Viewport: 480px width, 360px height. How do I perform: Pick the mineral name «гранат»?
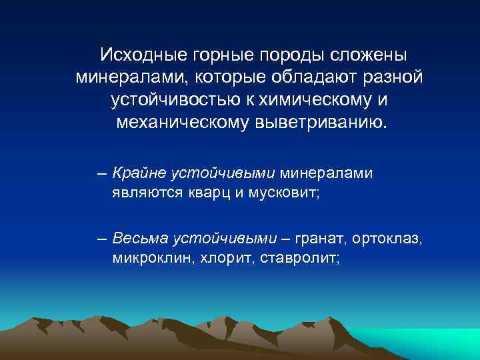coord(312,237)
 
